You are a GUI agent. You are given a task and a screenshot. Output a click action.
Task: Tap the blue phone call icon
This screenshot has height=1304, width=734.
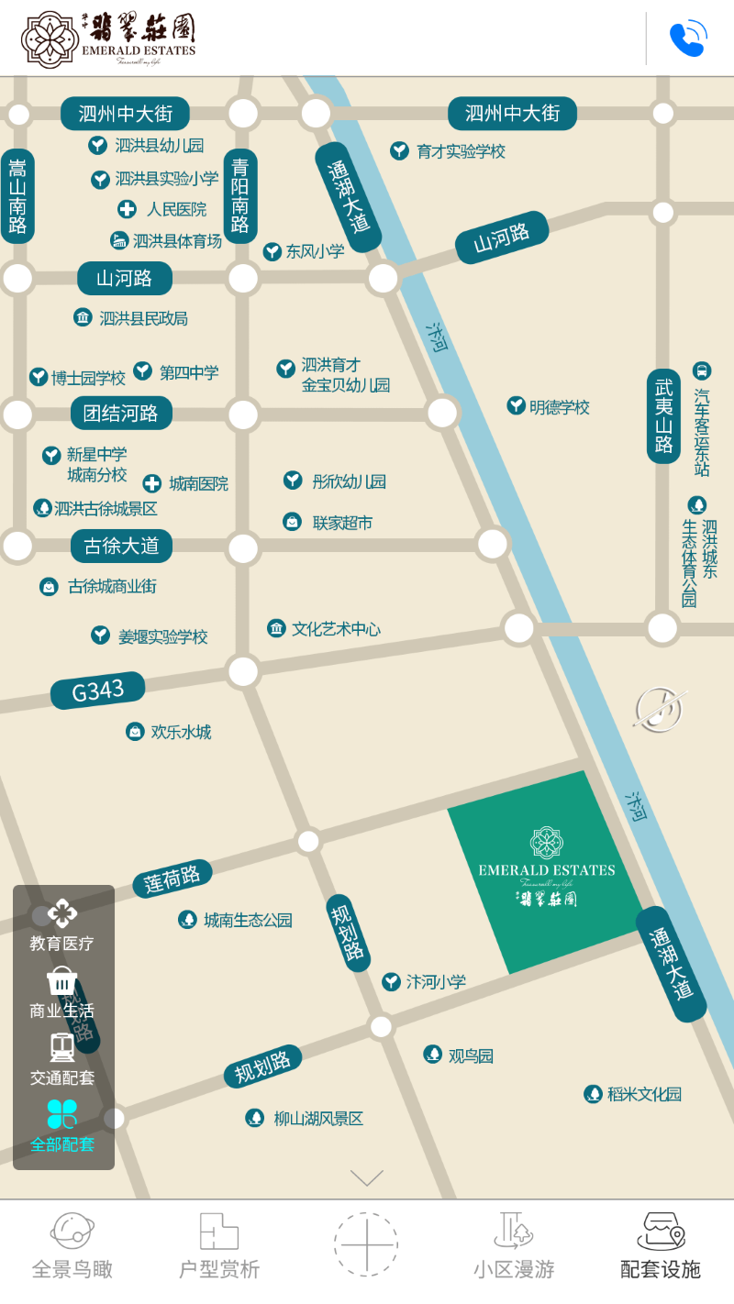[x=687, y=39]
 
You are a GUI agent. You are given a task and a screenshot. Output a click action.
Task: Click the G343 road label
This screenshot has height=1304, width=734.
[x=98, y=691]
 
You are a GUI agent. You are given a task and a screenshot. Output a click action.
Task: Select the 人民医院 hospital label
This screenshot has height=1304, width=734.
[x=175, y=210]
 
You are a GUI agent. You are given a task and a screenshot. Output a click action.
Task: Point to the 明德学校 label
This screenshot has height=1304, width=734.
[x=559, y=407]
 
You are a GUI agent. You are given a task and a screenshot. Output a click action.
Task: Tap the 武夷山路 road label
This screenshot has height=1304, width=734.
[x=663, y=416]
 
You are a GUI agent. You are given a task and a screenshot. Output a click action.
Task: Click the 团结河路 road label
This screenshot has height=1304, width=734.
[x=121, y=414]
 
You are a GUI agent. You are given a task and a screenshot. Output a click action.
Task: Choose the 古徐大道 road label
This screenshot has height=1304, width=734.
[x=121, y=547]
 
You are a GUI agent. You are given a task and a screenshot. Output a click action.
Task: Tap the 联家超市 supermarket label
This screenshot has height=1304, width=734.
[x=341, y=523]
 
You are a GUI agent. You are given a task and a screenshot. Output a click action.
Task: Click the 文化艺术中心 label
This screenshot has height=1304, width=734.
[x=335, y=629]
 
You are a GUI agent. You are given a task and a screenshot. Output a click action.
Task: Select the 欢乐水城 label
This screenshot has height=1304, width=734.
[x=180, y=732]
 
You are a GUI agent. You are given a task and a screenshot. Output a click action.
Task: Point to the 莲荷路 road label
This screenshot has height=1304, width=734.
[x=172, y=879]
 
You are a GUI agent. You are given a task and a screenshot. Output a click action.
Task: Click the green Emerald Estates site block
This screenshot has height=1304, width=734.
[x=547, y=871]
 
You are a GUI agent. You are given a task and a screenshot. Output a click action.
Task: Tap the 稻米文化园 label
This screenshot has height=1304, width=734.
[x=643, y=1094]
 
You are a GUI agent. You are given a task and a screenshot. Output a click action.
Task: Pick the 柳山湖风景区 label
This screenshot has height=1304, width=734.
[x=317, y=1119]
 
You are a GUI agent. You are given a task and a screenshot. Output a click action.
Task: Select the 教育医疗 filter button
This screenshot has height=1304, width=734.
[x=62, y=925]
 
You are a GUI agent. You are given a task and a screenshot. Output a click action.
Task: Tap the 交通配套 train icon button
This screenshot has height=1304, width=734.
[x=62, y=1058]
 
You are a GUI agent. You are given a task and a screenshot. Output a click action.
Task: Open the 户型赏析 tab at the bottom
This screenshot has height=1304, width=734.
[x=219, y=1246]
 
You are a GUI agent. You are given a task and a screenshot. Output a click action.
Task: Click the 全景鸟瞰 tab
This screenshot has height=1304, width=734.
[x=72, y=1246]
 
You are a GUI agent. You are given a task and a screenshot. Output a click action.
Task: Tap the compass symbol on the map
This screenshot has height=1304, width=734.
[x=661, y=710]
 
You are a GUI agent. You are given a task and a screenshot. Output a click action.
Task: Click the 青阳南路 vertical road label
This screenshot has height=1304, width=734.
[x=240, y=196]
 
